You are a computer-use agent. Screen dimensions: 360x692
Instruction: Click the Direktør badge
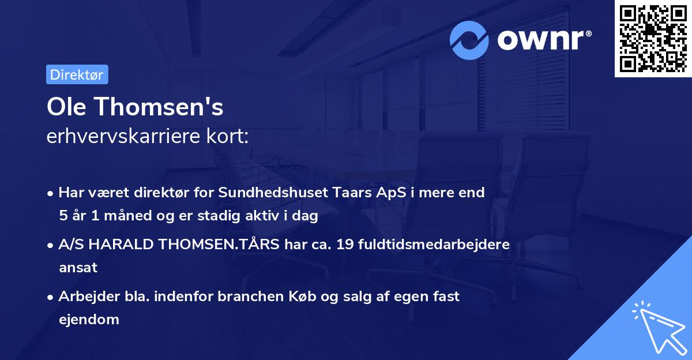pyautogui.click(x=77, y=74)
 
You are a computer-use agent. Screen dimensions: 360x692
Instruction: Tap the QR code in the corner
pyautogui.click(x=653, y=38)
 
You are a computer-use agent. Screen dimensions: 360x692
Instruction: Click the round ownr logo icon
pyautogui.click(x=469, y=40)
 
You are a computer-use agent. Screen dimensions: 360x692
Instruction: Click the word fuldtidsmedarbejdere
pyautogui.click(x=434, y=245)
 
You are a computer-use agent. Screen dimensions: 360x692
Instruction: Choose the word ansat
pyautogui.click(x=78, y=268)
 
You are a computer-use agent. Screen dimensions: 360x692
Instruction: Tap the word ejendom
pyautogui.click(x=89, y=319)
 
